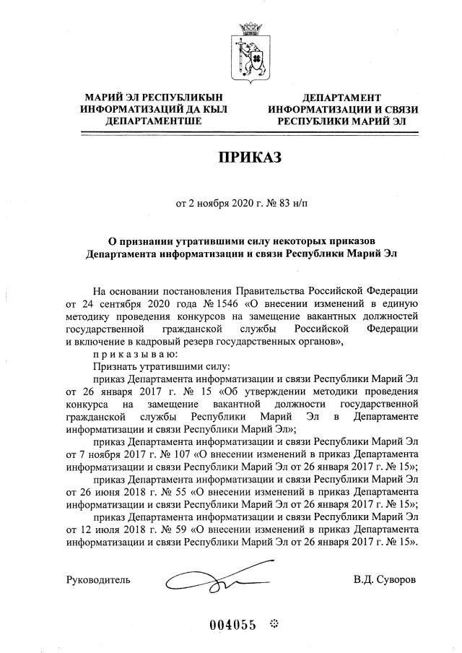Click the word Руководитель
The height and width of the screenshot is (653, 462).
click(98, 579)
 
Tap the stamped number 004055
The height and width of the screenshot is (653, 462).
click(232, 626)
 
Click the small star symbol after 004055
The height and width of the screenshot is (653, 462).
click(274, 624)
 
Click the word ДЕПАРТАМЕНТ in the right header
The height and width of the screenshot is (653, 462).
click(341, 96)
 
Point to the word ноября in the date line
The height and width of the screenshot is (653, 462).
click(213, 204)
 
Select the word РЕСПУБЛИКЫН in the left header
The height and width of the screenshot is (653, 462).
click(186, 96)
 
